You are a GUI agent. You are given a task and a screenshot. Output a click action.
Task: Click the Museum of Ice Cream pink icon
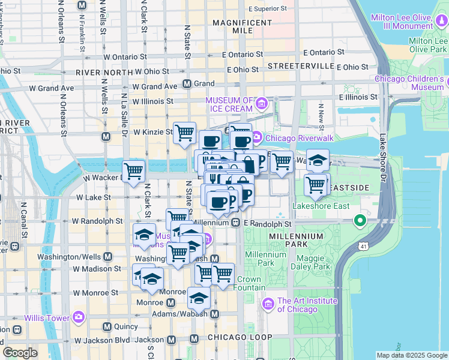click(262, 104)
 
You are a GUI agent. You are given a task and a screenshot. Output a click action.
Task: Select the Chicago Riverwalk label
click(294, 137)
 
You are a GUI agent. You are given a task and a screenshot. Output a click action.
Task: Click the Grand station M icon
click(187, 83)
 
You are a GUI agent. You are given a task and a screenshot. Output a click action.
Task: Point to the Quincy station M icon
click(107, 326)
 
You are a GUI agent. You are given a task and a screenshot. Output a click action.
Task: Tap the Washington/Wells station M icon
click(107, 256)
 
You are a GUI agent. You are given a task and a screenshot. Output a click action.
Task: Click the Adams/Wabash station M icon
click(214, 313)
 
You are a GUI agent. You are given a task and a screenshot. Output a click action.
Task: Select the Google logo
click(20, 353)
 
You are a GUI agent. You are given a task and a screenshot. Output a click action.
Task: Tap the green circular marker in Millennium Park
click(360, 221)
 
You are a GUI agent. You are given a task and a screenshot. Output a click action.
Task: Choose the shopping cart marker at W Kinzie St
click(184, 133)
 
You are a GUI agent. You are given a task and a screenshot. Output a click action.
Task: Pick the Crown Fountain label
click(249, 284)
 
